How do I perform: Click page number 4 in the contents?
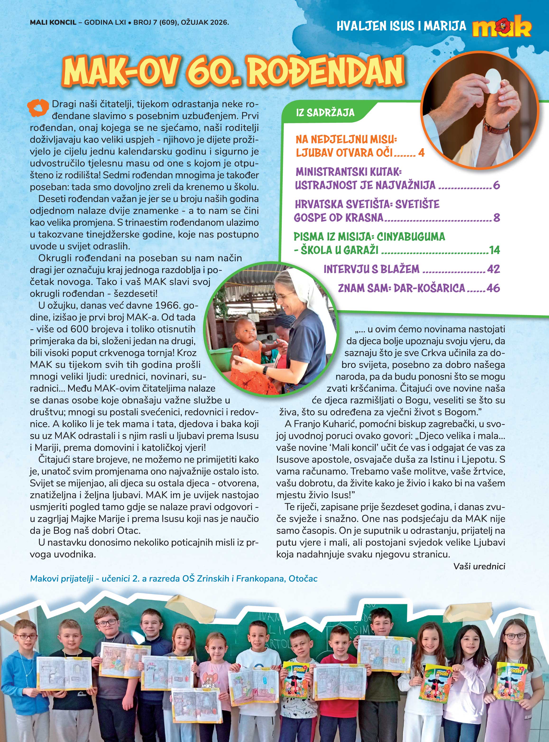click(421, 153)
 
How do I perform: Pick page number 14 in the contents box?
click(494, 250)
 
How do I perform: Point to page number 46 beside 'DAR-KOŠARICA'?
click(493, 288)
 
